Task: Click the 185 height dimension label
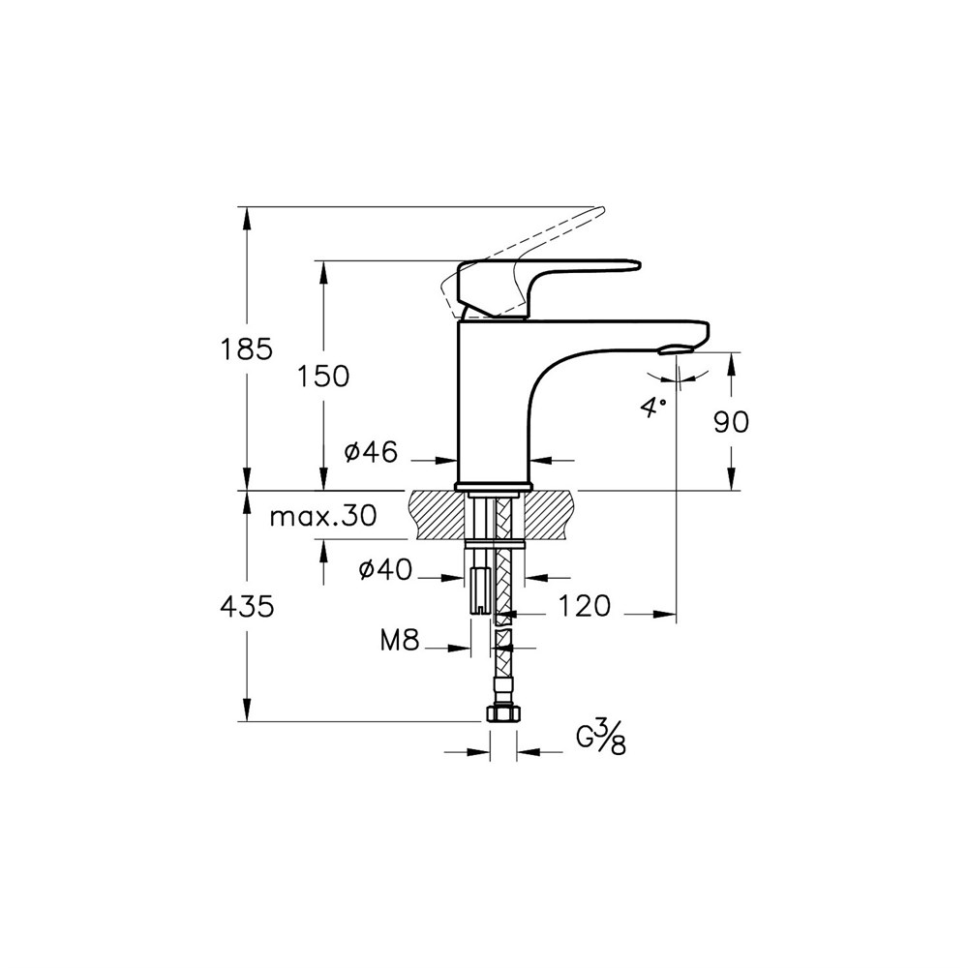[x=246, y=349]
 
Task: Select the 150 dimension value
[x=323, y=376]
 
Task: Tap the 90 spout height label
[x=732, y=422]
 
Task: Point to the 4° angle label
[x=654, y=408]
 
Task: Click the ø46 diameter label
[x=371, y=452]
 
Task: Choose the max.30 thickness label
[x=323, y=516]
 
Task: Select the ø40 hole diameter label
[x=385, y=570]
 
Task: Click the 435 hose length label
[x=247, y=608]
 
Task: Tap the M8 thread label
[x=400, y=642]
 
